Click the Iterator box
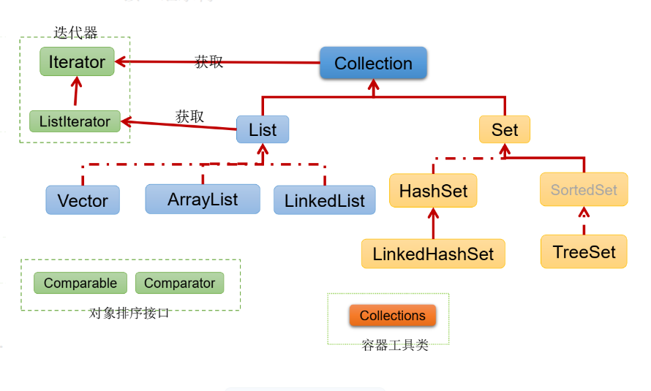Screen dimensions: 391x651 77,62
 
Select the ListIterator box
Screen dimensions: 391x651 75,121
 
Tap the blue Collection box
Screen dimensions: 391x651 373,64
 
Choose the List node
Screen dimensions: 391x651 263,130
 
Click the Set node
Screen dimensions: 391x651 505,130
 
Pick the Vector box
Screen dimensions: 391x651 83,200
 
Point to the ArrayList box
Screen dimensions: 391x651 203,199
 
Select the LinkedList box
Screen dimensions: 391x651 325,200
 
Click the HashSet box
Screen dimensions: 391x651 433,191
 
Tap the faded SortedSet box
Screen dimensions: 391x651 584,190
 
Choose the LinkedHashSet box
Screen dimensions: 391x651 433,254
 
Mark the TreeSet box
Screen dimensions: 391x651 584,252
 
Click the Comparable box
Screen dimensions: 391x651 80,283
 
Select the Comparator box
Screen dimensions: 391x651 180,283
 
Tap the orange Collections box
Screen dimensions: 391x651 392,316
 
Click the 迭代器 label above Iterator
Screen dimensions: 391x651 75,32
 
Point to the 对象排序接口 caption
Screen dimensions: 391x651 129,313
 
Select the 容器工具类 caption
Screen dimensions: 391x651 395,345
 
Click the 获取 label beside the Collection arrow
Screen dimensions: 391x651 209,62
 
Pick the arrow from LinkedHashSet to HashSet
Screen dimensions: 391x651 433,223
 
